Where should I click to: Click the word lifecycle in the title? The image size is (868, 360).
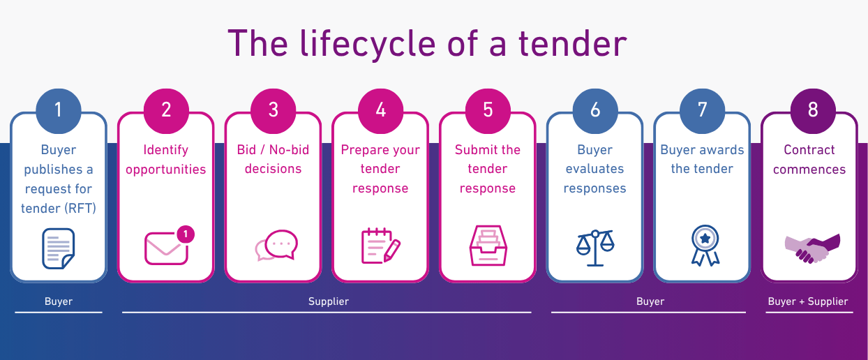[368, 44]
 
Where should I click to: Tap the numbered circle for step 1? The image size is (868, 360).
[59, 111]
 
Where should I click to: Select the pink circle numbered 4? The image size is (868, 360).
[380, 111]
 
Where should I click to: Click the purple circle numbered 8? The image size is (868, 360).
[813, 111]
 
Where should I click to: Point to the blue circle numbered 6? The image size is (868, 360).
[595, 111]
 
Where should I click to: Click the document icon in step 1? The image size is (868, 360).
[59, 248]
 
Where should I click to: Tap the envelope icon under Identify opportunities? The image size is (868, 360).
[166, 248]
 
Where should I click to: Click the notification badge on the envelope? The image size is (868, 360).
[186, 234]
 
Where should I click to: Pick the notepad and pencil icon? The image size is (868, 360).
[380, 246]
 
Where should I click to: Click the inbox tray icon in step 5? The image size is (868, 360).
[488, 246]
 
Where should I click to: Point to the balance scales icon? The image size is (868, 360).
[595, 248]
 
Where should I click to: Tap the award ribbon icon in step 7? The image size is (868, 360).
[705, 246]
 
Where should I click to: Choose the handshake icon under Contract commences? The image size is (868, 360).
[812, 248]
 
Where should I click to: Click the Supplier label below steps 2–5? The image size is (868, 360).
[329, 301]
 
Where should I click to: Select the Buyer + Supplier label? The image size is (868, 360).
[808, 301]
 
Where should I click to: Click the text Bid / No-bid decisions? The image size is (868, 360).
[274, 159]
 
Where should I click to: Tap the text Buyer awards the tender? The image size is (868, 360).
[702, 159]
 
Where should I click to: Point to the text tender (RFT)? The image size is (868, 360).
[59, 209]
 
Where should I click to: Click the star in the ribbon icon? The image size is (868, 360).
[705, 238]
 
